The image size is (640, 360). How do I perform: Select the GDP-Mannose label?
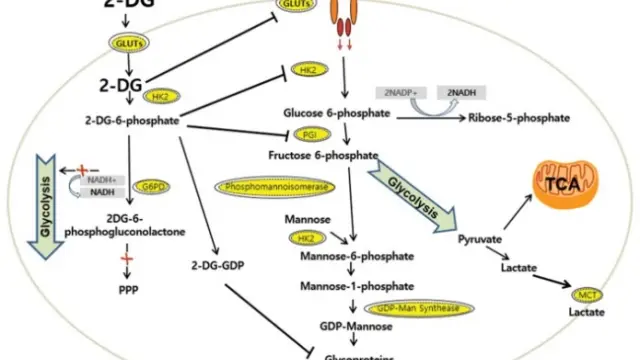click(x=328, y=326)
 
